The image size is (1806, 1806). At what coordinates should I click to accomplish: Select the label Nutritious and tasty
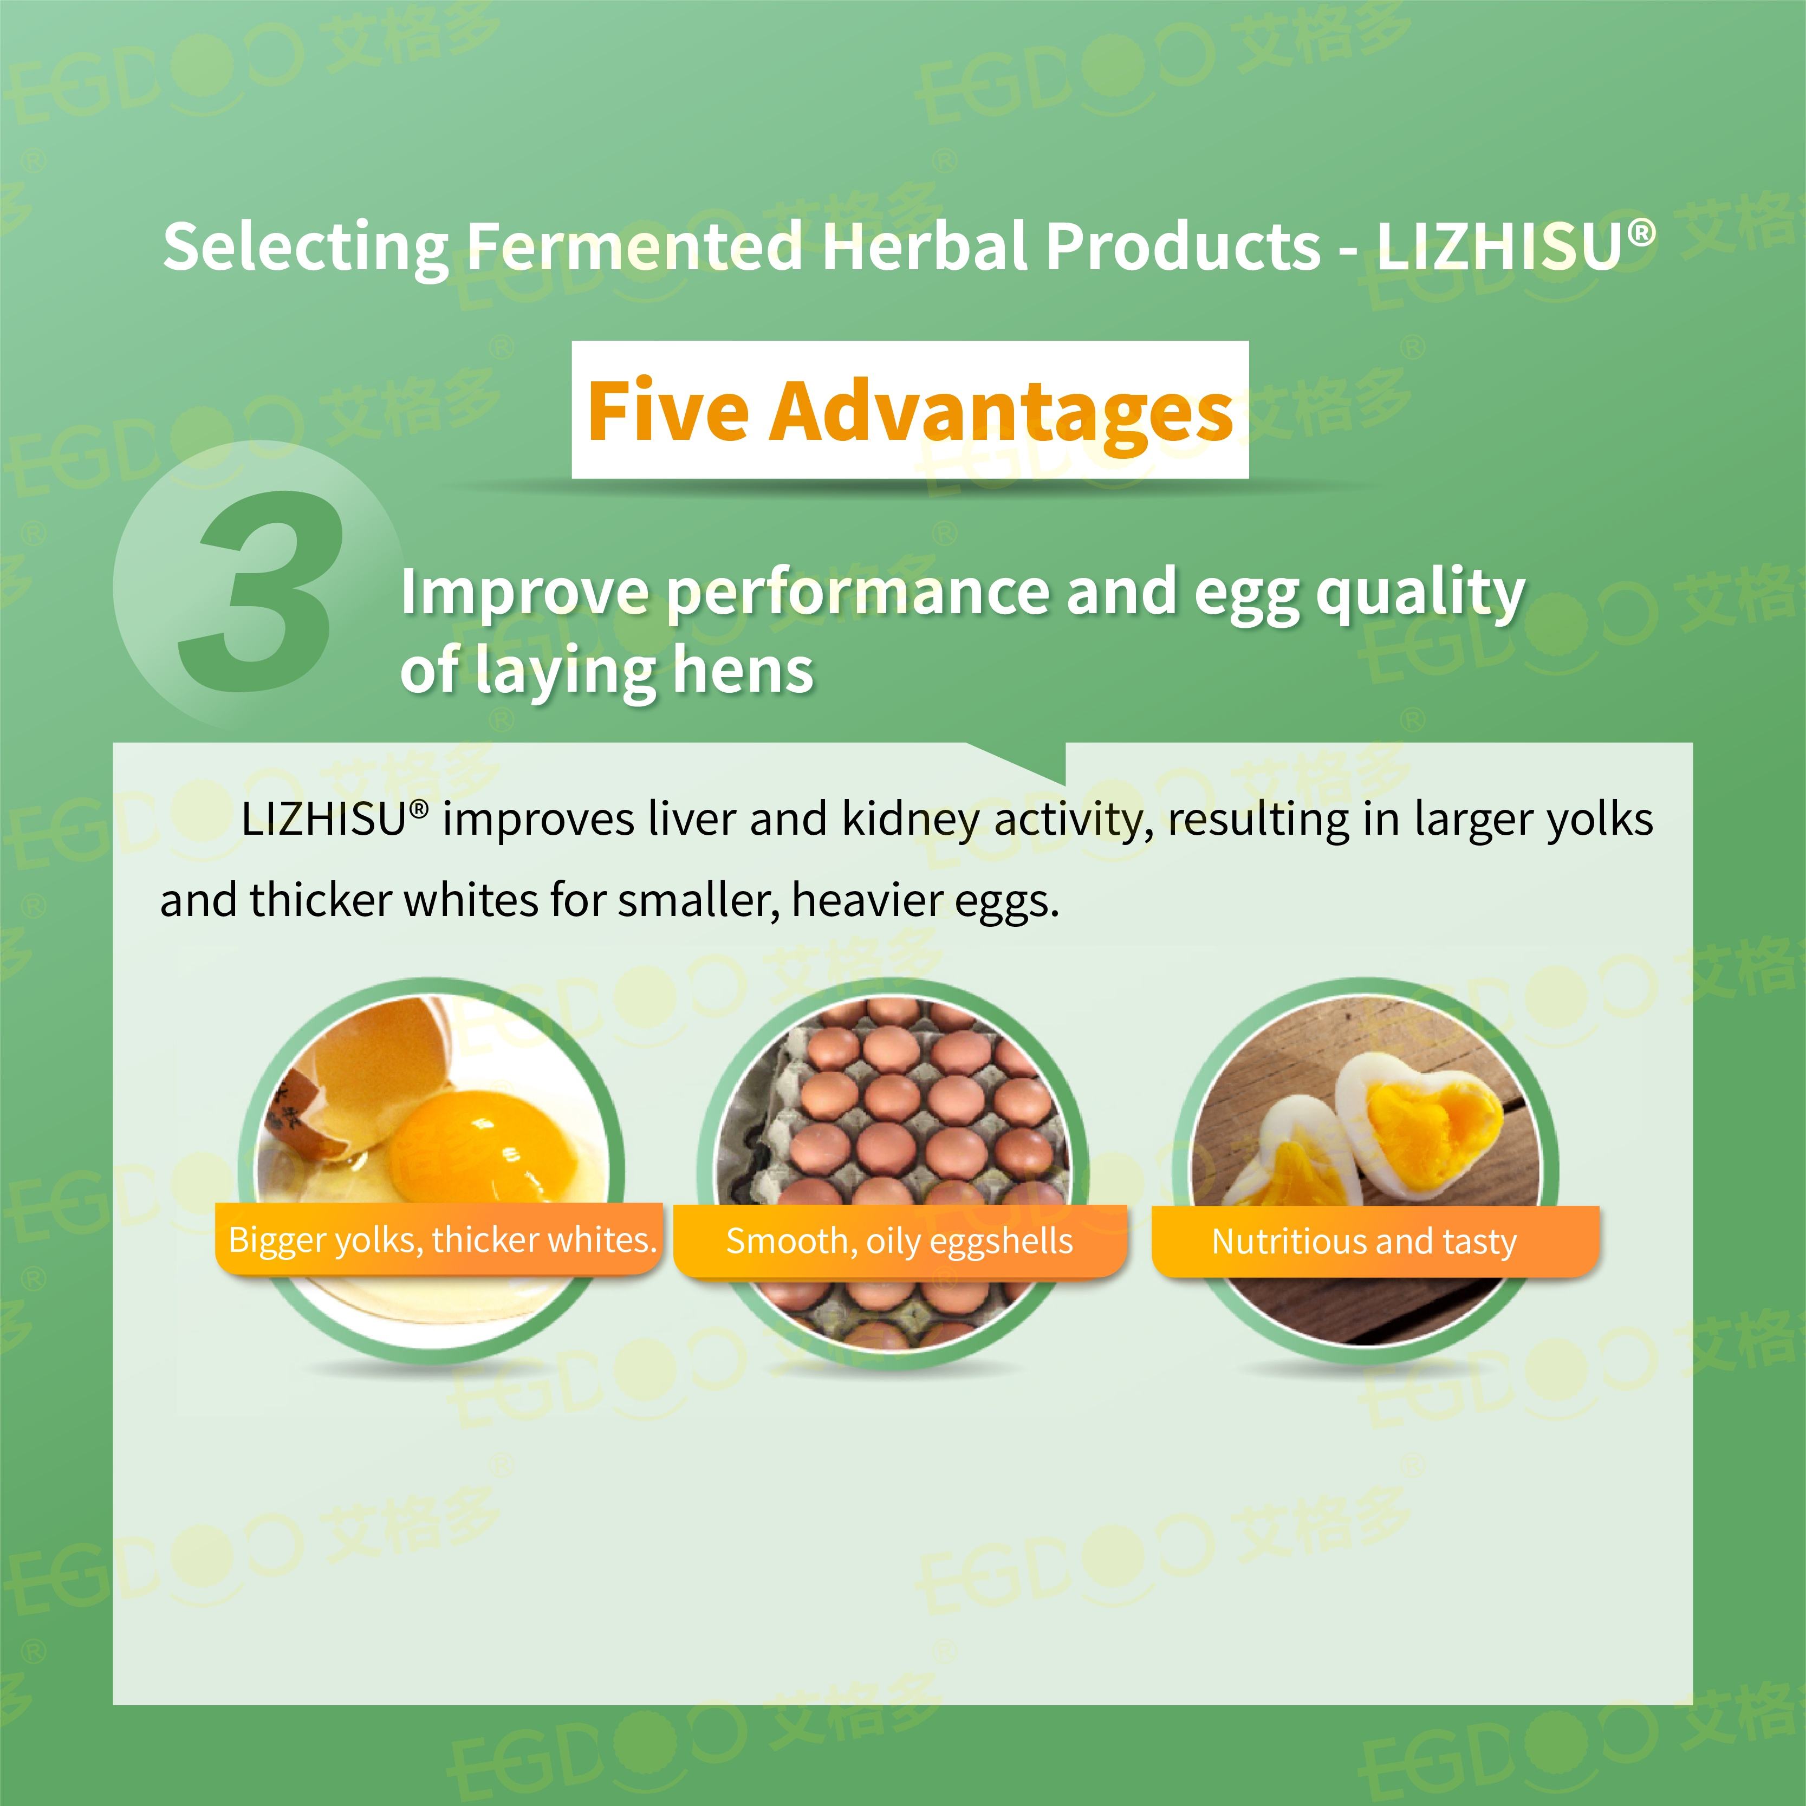(x=1364, y=1242)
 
